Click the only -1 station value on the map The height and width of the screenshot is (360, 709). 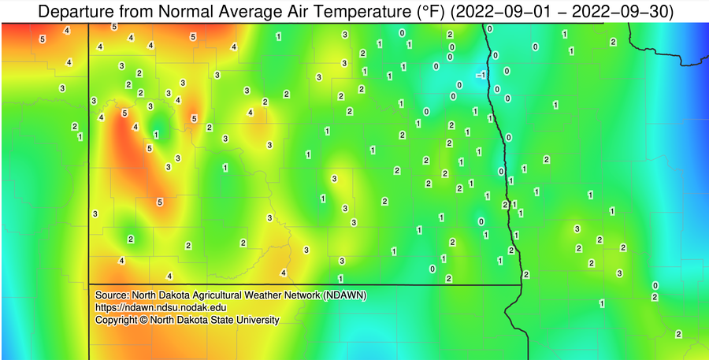tap(481, 74)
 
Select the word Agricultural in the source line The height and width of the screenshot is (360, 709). tap(216, 295)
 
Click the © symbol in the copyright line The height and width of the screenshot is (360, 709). tap(144, 321)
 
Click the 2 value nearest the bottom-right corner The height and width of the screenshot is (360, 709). tap(678, 334)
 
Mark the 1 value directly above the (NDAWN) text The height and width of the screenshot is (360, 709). tap(340, 279)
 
